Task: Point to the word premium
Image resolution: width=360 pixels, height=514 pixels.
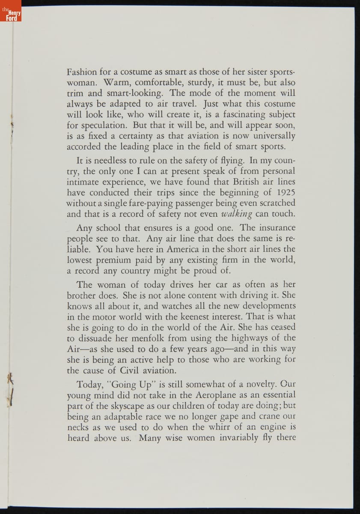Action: pyautogui.click(x=113, y=260)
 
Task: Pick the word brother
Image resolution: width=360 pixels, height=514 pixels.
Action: pyautogui.click(x=82, y=295)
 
